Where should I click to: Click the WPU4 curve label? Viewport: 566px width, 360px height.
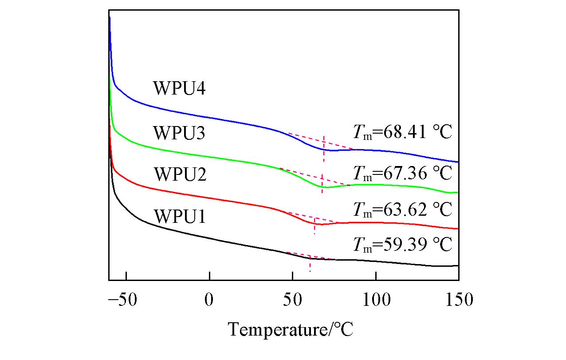point(179,88)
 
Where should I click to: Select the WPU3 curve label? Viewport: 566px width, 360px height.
point(179,133)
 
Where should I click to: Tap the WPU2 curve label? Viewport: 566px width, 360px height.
point(179,174)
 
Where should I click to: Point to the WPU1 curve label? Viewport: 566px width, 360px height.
point(179,217)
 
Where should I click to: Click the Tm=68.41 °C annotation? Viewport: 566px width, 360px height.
point(402,132)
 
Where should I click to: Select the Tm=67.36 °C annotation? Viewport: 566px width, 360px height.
point(402,173)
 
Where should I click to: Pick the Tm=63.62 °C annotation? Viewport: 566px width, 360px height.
point(402,209)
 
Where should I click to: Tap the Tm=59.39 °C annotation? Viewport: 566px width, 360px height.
point(402,244)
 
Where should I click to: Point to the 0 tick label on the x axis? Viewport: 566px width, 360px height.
point(209,300)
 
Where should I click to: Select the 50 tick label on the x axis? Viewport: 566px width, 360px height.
point(292,300)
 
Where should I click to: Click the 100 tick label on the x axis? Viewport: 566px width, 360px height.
point(376,300)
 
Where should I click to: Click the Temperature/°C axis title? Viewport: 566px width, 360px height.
point(291,329)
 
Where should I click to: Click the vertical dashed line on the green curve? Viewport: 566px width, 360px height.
point(322,182)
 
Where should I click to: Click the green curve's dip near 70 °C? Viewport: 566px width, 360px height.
point(326,187)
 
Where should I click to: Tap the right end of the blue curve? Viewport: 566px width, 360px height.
point(457,162)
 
